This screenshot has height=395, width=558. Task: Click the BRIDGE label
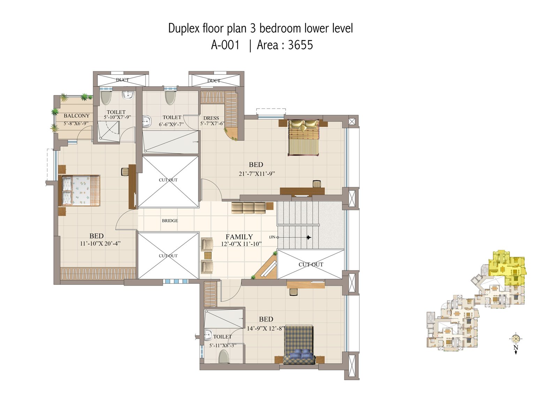[x=170, y=221]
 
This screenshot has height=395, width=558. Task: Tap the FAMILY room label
[x=239, y=237]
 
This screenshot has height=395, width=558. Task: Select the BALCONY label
[x=76, y=116]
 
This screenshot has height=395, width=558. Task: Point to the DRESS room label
[x=211, y=118]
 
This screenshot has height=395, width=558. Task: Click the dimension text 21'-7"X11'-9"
[x=257, y=174]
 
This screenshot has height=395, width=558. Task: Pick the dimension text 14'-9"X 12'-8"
[x=265, y=328]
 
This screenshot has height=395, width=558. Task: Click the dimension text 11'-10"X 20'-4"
[x=100, y=243]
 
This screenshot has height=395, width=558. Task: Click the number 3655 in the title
[x=300, y=45]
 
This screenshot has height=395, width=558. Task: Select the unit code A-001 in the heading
[x=225, y=45]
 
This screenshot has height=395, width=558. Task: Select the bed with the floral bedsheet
[x=79, y=191]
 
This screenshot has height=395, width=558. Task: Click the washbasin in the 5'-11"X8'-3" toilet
[x=208, y=335]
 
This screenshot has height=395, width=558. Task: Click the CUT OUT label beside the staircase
[x=311, y=264]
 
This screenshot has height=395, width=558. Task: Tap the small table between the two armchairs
[x=208, y=256]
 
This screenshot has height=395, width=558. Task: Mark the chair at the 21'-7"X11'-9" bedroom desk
[x=317, y=184]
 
